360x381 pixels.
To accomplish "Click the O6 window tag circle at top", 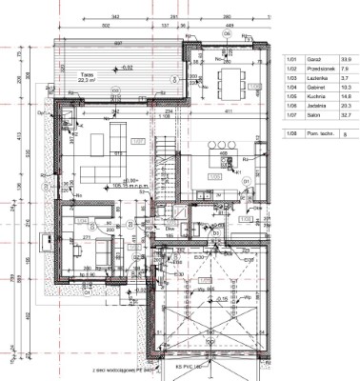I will pos(226,31).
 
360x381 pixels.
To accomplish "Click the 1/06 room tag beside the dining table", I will pos(254,88).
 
